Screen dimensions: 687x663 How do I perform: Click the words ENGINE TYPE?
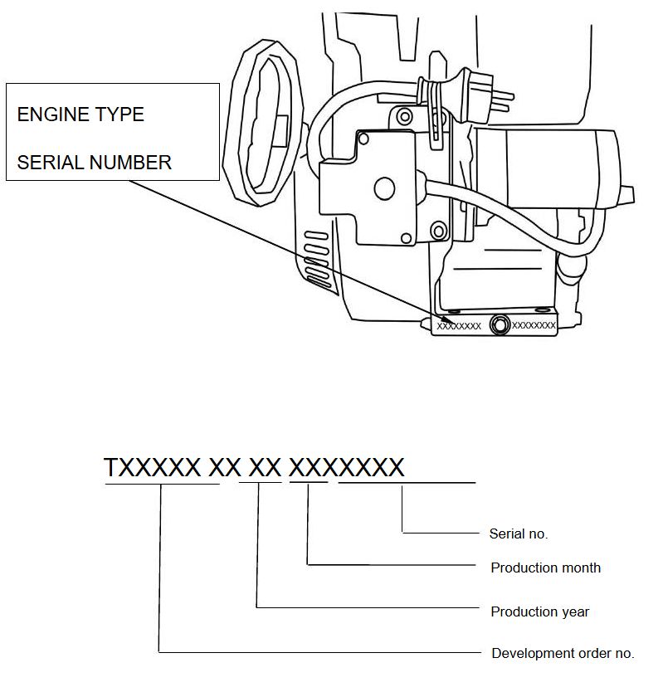point(80,114)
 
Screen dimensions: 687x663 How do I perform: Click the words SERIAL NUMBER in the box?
point(94,162)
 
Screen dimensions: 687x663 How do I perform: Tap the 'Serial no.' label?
point(519,534)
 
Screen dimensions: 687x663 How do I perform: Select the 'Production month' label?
point(545,568)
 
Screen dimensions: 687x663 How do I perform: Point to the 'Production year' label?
point(539,612)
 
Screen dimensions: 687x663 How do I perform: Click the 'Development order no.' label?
point(563,654)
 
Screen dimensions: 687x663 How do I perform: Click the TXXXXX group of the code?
point(152,468)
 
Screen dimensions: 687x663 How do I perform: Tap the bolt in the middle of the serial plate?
point(500,325)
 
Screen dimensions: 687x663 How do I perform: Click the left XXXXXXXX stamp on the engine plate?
point(459,326)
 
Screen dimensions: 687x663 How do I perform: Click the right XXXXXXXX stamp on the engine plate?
point(534,326)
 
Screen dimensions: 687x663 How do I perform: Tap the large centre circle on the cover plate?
point(383,189)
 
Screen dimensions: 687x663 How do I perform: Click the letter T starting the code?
point(112,468)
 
